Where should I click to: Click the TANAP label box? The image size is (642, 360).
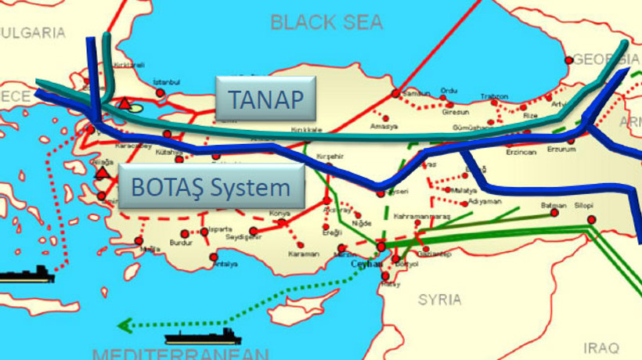265,99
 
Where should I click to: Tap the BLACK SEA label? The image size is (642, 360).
326,22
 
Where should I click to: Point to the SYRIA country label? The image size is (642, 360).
439,299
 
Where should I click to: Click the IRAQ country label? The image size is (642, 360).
601,346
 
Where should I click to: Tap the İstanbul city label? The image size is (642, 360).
167,82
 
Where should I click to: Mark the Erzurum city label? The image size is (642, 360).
561,148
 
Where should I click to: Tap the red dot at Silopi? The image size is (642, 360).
591,218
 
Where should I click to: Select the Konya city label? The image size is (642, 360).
279,213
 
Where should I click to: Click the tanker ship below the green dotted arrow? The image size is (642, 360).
204,337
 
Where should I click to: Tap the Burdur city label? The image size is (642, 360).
181,243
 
